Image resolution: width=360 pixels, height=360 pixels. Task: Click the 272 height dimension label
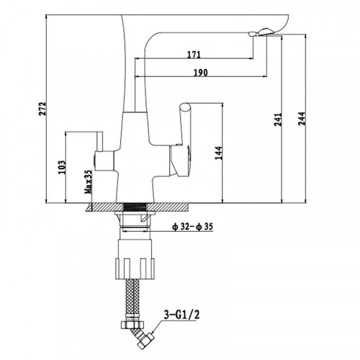point(42,109)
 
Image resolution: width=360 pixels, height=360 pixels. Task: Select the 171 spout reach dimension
point(194,55)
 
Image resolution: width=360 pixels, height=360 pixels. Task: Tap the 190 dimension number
point(201,73)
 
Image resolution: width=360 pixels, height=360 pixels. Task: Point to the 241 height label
point(278,120)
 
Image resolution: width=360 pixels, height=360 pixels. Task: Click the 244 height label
point(302,119)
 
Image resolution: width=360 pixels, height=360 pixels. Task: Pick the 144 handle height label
point(219,153)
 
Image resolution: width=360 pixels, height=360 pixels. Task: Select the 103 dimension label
point(62,167)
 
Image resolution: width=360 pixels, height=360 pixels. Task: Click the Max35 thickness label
point(88,182)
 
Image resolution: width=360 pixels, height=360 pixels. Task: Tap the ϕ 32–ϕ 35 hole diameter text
point(193,227)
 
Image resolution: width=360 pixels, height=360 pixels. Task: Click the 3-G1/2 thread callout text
point(181,315)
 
